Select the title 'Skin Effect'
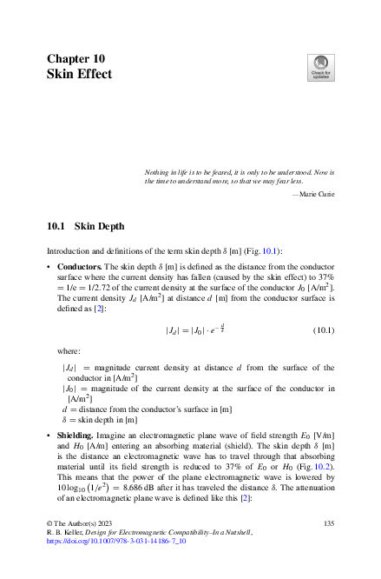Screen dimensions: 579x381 click(x=79, y=75)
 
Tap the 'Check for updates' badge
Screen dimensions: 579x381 click(x=320, y=68)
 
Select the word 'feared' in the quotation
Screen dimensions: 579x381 click(x=203, y=172)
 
